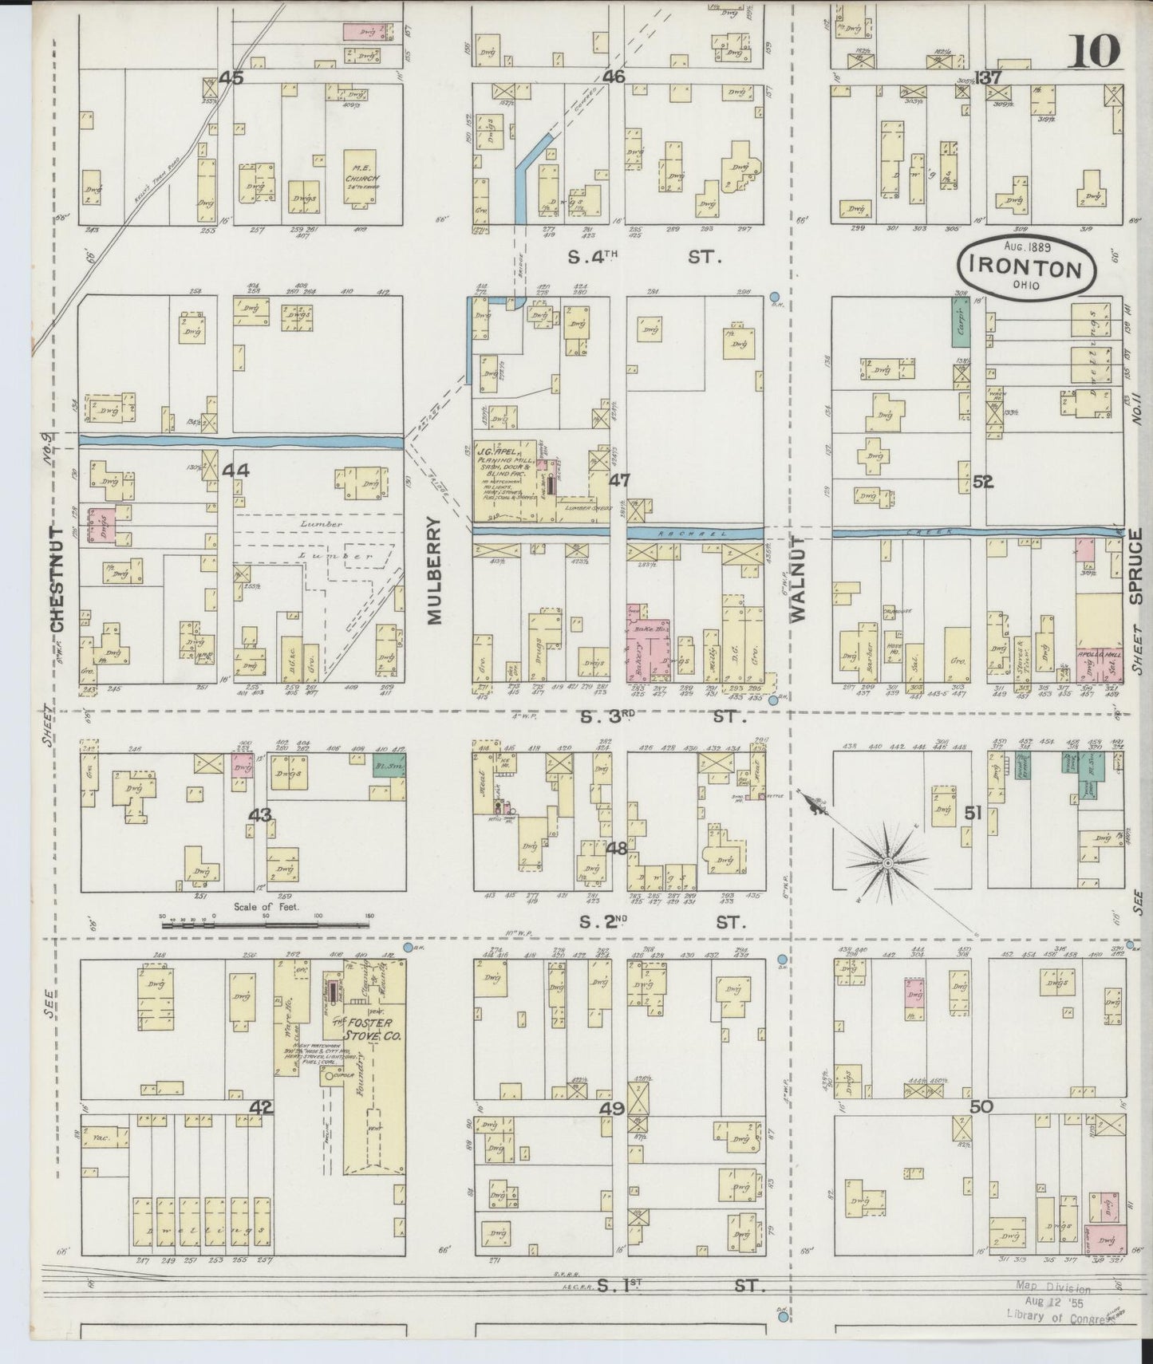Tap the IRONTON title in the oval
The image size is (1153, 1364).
point(1027,269)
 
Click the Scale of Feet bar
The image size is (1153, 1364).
point(266,925)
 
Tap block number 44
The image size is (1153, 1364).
point(235,471)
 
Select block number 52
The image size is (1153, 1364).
point(982,481)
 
